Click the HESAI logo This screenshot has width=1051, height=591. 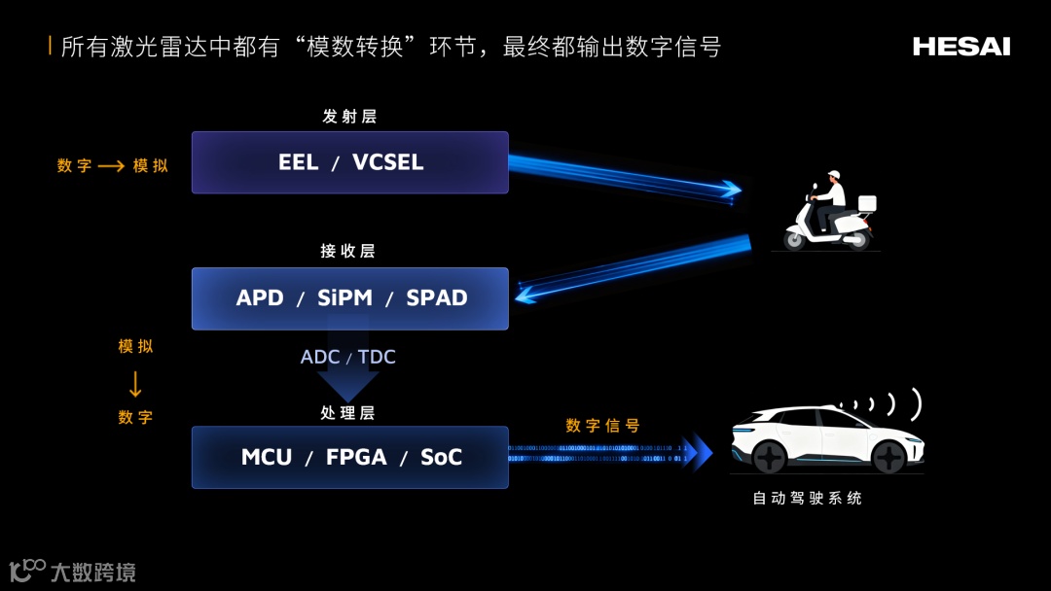(960, 47)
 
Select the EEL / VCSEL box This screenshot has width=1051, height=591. (349, 162)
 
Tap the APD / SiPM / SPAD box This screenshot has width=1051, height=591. (349, 298)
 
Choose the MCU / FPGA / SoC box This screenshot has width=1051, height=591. (349, 457)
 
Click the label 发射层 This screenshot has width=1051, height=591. (349, 117)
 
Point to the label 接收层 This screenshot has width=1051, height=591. (347, 251)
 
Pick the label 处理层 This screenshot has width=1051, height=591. (347, 413)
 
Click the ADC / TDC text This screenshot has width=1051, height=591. (348, 357)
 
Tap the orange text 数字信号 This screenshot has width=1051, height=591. (602, 426)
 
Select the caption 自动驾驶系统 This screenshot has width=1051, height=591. (807, 499)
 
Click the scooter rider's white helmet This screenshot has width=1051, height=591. (834, 176)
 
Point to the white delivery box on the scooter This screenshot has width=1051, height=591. (866, 203)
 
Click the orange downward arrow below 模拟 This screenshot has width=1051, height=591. (135, 385)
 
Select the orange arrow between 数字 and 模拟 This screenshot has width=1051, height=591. (111, 166)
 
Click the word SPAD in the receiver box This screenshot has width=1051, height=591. (437, 298)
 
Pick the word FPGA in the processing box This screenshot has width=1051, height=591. (357, 457)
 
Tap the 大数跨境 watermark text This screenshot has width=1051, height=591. (92, 573)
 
